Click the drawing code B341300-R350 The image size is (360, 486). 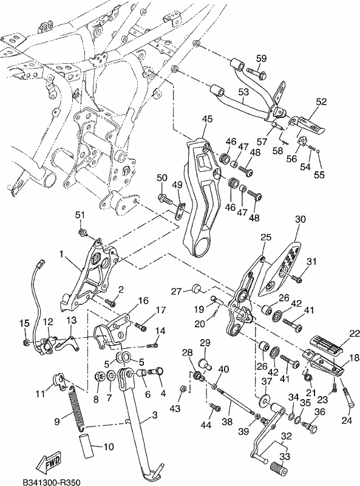click(x=52, y=482)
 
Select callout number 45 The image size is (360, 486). click(x=207, y=118)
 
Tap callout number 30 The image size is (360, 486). click(x=301, y=219)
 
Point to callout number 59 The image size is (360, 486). click(x=261, y=58)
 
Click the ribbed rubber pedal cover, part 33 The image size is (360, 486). click(x=277, y=466)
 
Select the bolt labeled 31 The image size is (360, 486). click(x=297, y=280)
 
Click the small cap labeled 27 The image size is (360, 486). click(x=196, y=287)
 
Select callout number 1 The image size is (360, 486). click(x=61, y=255)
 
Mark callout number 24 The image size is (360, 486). click(x=347, y=420)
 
